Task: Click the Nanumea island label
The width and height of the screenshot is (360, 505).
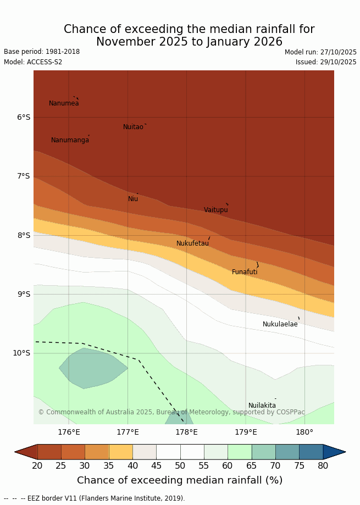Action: tap(64, 103)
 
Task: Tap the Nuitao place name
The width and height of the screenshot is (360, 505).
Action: tap(133, 127)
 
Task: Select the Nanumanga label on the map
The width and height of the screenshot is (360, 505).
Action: tap(70, 140)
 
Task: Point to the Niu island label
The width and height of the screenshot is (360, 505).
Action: tap(133, 199)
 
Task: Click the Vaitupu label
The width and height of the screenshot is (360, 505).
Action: tap(215, 210)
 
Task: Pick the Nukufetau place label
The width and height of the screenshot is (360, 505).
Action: tap(192, 243)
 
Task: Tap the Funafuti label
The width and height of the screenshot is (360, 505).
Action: tap(245, 272)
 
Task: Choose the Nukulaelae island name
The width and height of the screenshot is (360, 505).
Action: tap(280, 324)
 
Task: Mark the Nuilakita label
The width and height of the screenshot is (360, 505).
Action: tap(262, 406)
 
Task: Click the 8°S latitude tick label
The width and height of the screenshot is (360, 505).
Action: tap(24, 235)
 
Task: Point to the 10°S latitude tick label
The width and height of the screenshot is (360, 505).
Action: tap(21, 353)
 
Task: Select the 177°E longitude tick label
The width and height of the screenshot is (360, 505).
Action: tap(128, 432)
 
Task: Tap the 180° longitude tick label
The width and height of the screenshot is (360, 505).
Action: tap(304, 432)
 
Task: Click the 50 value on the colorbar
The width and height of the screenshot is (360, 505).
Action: tap(180, 466)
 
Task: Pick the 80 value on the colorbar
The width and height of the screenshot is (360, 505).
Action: tap(323, 466)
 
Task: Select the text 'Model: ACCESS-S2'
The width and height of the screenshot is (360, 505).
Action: tap(33, 62)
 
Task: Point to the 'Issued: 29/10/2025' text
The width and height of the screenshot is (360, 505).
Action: tap(326, 62)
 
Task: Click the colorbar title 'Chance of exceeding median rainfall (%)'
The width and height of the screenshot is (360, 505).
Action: tap(180, 480)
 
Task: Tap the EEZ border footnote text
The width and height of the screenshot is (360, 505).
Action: tap(94, 498)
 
